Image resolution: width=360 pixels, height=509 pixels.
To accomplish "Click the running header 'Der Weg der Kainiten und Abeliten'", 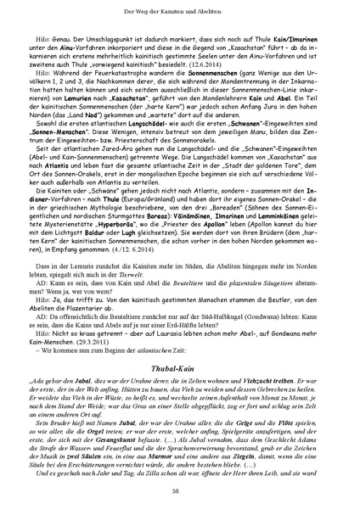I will point(180,8).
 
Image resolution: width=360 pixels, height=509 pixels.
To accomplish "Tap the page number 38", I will point(180,492).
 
